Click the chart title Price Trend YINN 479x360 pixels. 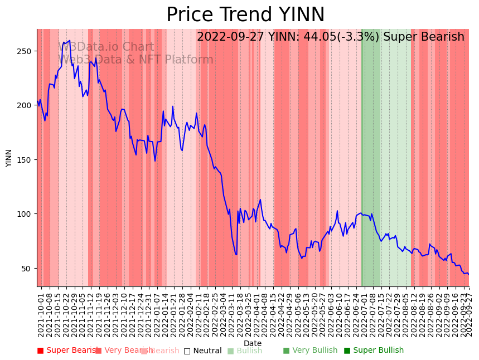(x=245, y=15)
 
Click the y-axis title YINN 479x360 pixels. (x=9, y=158)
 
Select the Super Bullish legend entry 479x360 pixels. (x=373, y=351)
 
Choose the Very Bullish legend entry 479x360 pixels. (x=310, y=351)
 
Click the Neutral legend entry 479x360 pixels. (x=202, y=351)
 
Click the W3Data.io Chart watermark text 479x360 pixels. (x=106, y=47)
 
